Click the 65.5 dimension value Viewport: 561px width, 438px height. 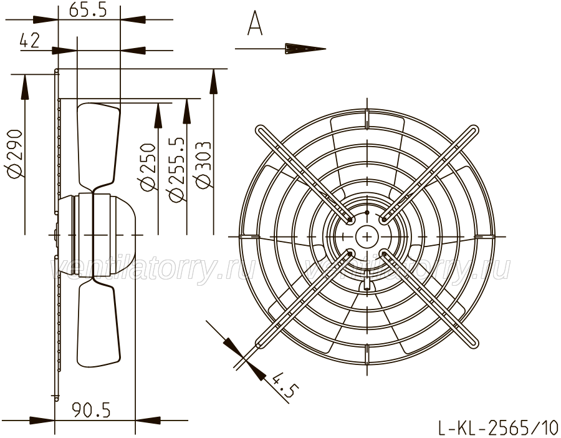tap(88, 10)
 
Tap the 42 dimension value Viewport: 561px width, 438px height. tap(30, 41)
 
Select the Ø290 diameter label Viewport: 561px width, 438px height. tap(16, 154)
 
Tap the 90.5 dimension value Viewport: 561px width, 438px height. tap(91, 410)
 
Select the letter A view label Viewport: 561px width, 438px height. tap(255, 23)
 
